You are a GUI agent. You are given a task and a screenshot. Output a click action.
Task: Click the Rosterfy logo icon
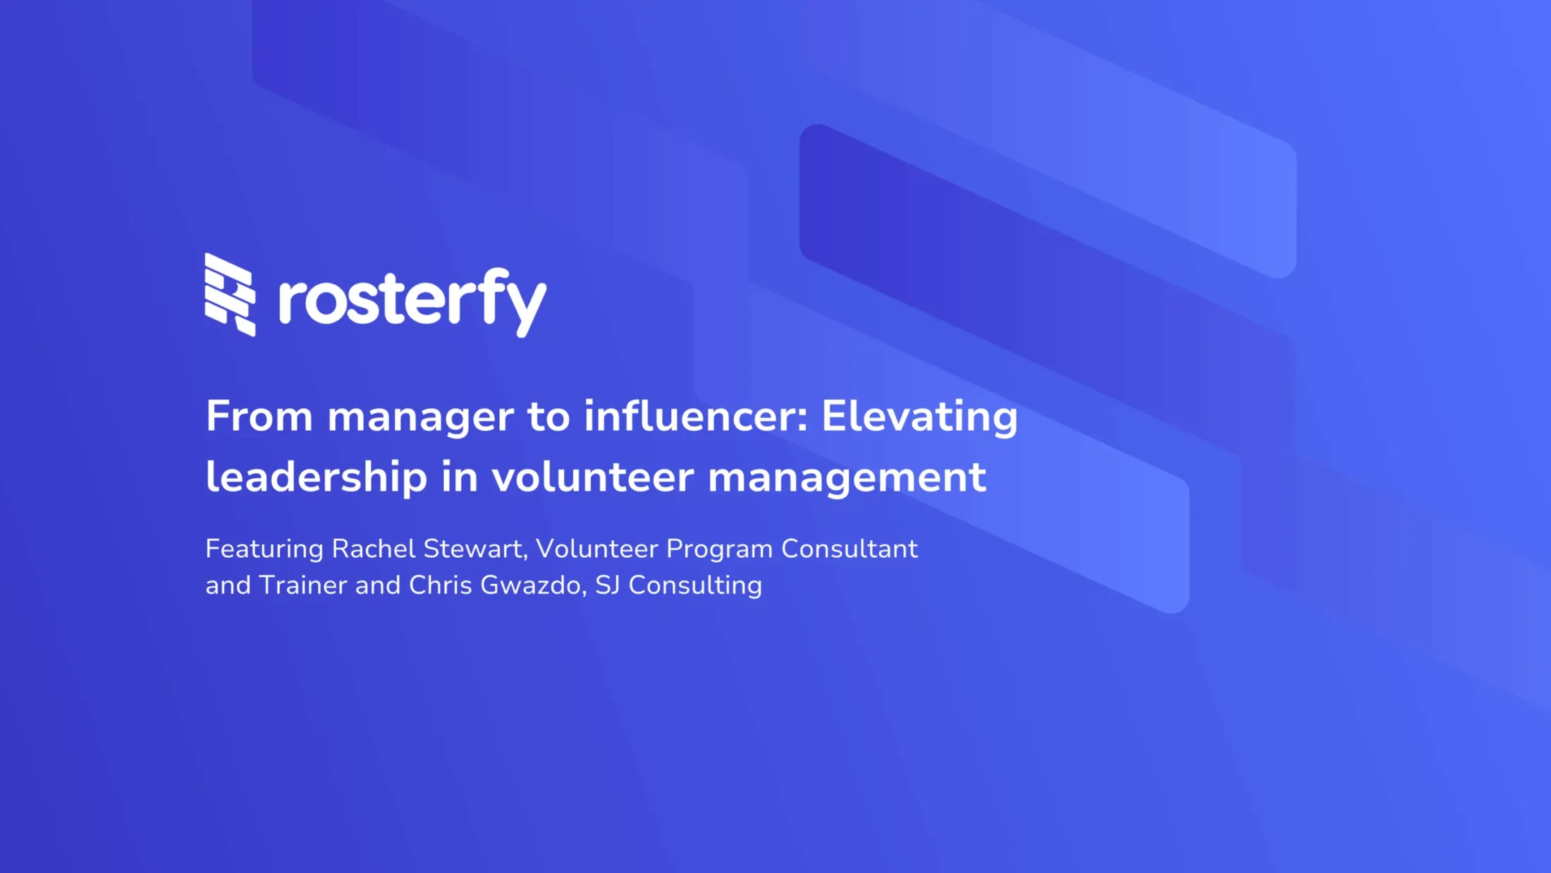pos(230,295)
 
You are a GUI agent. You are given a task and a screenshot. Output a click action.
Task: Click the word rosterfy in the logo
pos(412,303)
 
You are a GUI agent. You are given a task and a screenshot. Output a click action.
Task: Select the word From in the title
pos(259,416)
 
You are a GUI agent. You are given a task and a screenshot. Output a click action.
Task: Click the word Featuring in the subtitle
pos(264,549)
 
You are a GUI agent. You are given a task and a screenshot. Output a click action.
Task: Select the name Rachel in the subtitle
pos(374,549)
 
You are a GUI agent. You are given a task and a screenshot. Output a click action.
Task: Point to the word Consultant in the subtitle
pos(850,549)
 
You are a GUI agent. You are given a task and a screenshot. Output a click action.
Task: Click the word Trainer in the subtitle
pos(303,585)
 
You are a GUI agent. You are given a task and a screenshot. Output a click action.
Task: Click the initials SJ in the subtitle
pos(608,585)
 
